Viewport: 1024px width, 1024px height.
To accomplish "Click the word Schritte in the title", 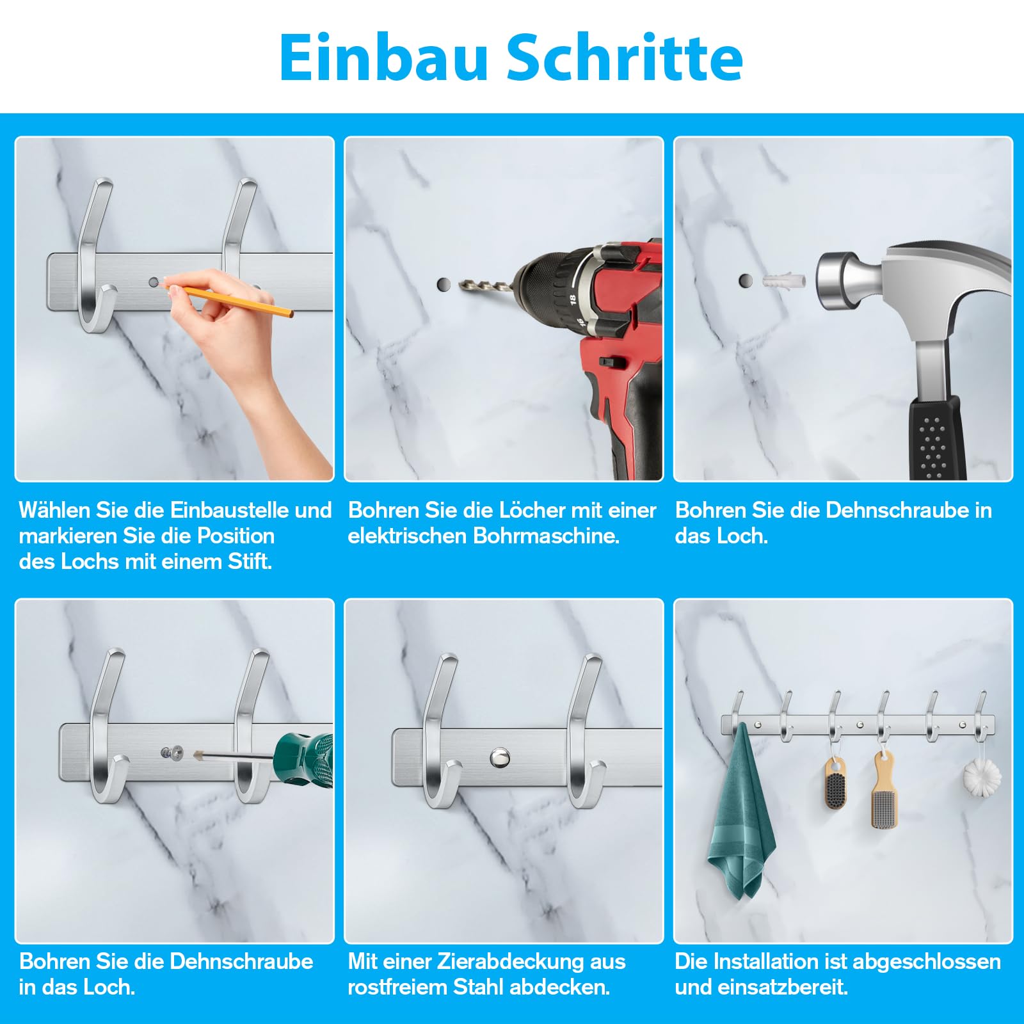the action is [625, 58].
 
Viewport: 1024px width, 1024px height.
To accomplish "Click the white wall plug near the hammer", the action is [783, 281].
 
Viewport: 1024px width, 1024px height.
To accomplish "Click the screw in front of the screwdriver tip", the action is [172, 753].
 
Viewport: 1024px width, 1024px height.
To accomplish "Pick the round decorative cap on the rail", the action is [500, 758].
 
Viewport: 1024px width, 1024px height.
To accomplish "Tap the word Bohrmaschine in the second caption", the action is [547, 536].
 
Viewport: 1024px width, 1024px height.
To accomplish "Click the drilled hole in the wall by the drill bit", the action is [444, 284].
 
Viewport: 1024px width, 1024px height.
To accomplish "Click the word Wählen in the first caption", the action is [55, 510].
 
